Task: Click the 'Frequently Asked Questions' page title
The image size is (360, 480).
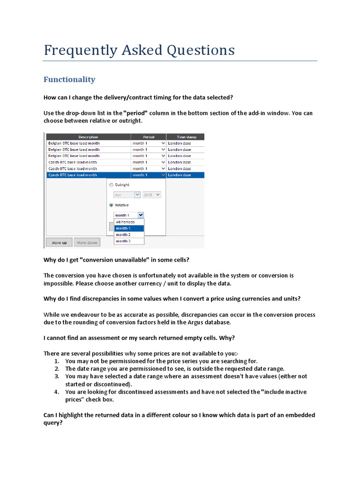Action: (139, 50)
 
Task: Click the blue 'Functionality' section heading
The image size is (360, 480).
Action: (69, 80)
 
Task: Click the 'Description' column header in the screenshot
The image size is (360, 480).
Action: (88, 137)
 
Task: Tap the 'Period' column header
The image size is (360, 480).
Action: (148, 137)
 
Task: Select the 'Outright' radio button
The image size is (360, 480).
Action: (111, 185)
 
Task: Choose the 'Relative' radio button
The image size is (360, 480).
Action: (111, 205)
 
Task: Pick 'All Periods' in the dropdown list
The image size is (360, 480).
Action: (126, 222)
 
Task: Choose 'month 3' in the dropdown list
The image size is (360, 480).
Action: (123, 241)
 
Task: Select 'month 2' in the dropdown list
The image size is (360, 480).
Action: (123, 234)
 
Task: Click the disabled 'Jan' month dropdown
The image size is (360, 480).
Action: (127, 195)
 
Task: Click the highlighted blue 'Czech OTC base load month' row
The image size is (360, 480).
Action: (88, 175)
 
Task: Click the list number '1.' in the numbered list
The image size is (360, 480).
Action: (56, 361)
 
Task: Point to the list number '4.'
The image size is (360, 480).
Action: (56, 392)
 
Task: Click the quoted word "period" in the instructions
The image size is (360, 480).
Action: (135, 113)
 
